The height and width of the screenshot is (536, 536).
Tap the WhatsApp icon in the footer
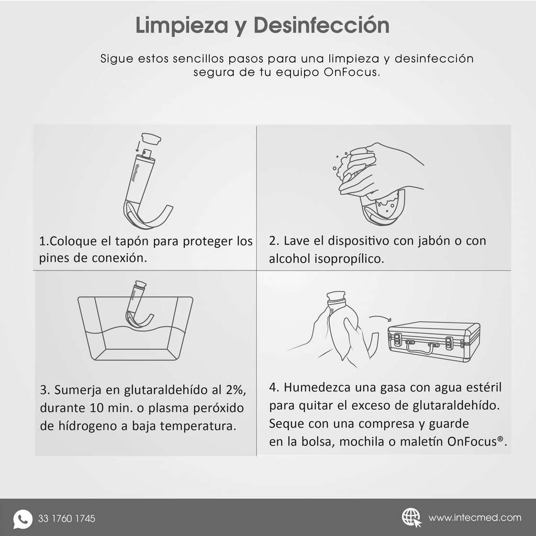(23, 519)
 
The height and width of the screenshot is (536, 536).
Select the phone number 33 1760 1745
(66, 519)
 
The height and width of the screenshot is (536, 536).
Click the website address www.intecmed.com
(475, 518)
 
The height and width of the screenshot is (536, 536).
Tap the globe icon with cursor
(411, 517)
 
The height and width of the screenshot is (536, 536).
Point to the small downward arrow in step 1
(138, 145)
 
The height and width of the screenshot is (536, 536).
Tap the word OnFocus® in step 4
(477, 441)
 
